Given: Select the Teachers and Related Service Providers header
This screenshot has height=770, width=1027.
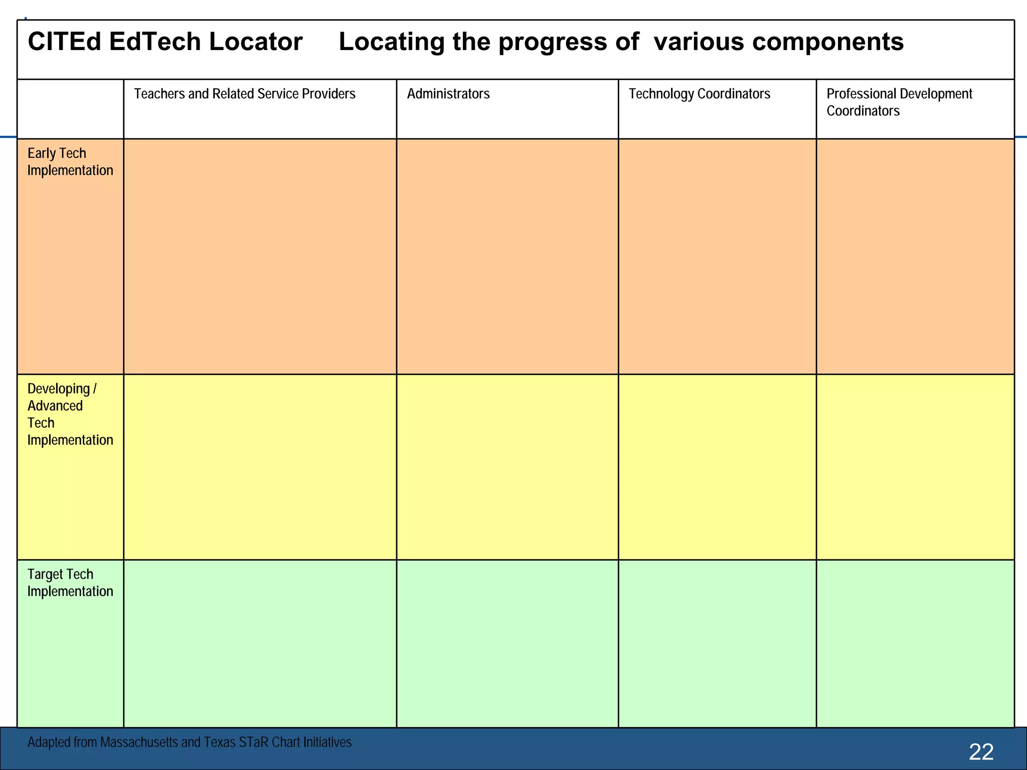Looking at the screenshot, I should (x=245, y=94).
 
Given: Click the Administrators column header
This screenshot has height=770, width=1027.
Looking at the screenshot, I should (x=448, y=94).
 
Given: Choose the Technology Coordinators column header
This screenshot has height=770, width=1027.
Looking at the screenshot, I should (x=700, y=94).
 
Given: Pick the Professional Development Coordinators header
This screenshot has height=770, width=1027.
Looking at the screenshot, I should (x=899, y=102).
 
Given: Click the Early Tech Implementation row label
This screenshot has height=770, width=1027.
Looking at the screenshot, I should (x=70, y=162).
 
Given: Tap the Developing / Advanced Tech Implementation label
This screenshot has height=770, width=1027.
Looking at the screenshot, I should (x=70, y=414).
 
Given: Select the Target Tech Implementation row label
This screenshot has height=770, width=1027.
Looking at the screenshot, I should (x=70, y=583).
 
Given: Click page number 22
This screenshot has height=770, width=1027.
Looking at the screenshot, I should (x=981, y=752).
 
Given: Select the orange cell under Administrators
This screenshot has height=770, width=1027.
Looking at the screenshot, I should (x=507, y=256).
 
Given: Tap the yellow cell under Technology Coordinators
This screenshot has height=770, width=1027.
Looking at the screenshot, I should (x=717, y=467).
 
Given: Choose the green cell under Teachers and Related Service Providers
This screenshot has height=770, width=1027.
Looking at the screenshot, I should (x=260, y=643).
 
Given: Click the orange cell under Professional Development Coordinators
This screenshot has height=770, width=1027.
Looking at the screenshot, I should (x=915, y=256).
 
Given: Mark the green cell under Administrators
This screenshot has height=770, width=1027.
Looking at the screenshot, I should (x=507, y=643).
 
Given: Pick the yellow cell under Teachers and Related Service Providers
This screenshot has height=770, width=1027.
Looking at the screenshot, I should (x=260, y=467).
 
